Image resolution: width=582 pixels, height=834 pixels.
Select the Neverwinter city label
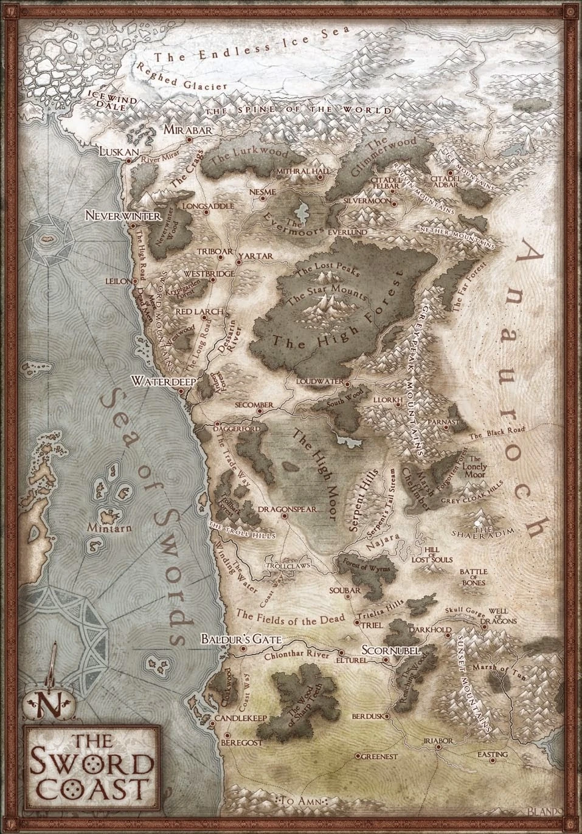[122, 215]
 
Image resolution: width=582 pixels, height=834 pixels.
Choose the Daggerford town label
[240, 428]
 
